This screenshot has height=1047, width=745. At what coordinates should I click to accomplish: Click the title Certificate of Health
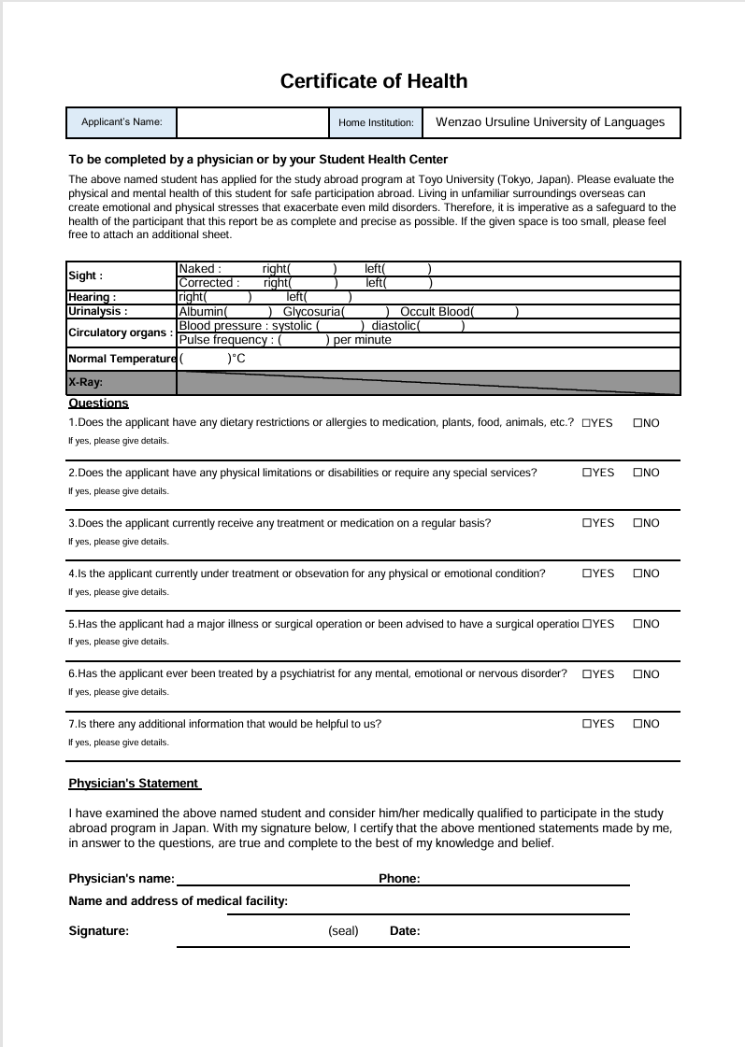pyautogui.click(x=374, y=81)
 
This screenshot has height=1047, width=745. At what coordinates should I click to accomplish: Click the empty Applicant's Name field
pyautogui.click(x=251, y=122)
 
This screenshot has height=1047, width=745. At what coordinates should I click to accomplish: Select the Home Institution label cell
pyautogui.click(x=375, y=122)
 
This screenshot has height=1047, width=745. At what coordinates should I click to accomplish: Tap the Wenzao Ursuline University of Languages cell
pyautogui.click(x=551, y=122)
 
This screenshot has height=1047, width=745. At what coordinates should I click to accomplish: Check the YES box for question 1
pyautogui.click(x=586, y=423)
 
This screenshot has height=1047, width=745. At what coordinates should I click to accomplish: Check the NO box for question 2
pyautogui.click(x=638, y=473)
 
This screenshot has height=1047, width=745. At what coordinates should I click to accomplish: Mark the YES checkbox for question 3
pyautogui.click(x=586, y=523)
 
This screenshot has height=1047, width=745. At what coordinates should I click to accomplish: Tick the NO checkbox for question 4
pyautogui.click(x=638, y=573)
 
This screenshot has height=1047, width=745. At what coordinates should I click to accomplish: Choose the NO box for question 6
pyautogui.click(x=638, y=674)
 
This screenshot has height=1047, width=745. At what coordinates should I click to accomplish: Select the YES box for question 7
pyautogui.click(x=586, y=724)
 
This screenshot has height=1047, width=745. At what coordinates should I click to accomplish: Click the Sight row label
pyautogui.click(x=85, y=276)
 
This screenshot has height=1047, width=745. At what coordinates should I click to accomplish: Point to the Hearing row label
pyautogui.click(x=92, y=297)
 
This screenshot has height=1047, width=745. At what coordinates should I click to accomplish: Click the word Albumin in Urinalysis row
pyautogui.click(x=201, y=311)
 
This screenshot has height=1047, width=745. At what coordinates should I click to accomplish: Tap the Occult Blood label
pyautogui.click(x=435, y=311)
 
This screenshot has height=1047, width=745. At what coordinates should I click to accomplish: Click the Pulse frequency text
pyautogui.click(x=224, y=340)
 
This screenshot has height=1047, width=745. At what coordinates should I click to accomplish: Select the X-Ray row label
pyautogui.click(x=85, y=382)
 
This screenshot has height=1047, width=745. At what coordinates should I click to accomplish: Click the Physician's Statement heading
pyautogui.click(x=134, y=784)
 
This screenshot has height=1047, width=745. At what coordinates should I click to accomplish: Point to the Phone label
pyautogui.click(x=399, y=879)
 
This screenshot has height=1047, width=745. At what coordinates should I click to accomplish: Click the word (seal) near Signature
pyautogui.click(x=343, y=931)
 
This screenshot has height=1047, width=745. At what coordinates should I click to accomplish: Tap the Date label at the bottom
pyautogui.click(x=405, y=931)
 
